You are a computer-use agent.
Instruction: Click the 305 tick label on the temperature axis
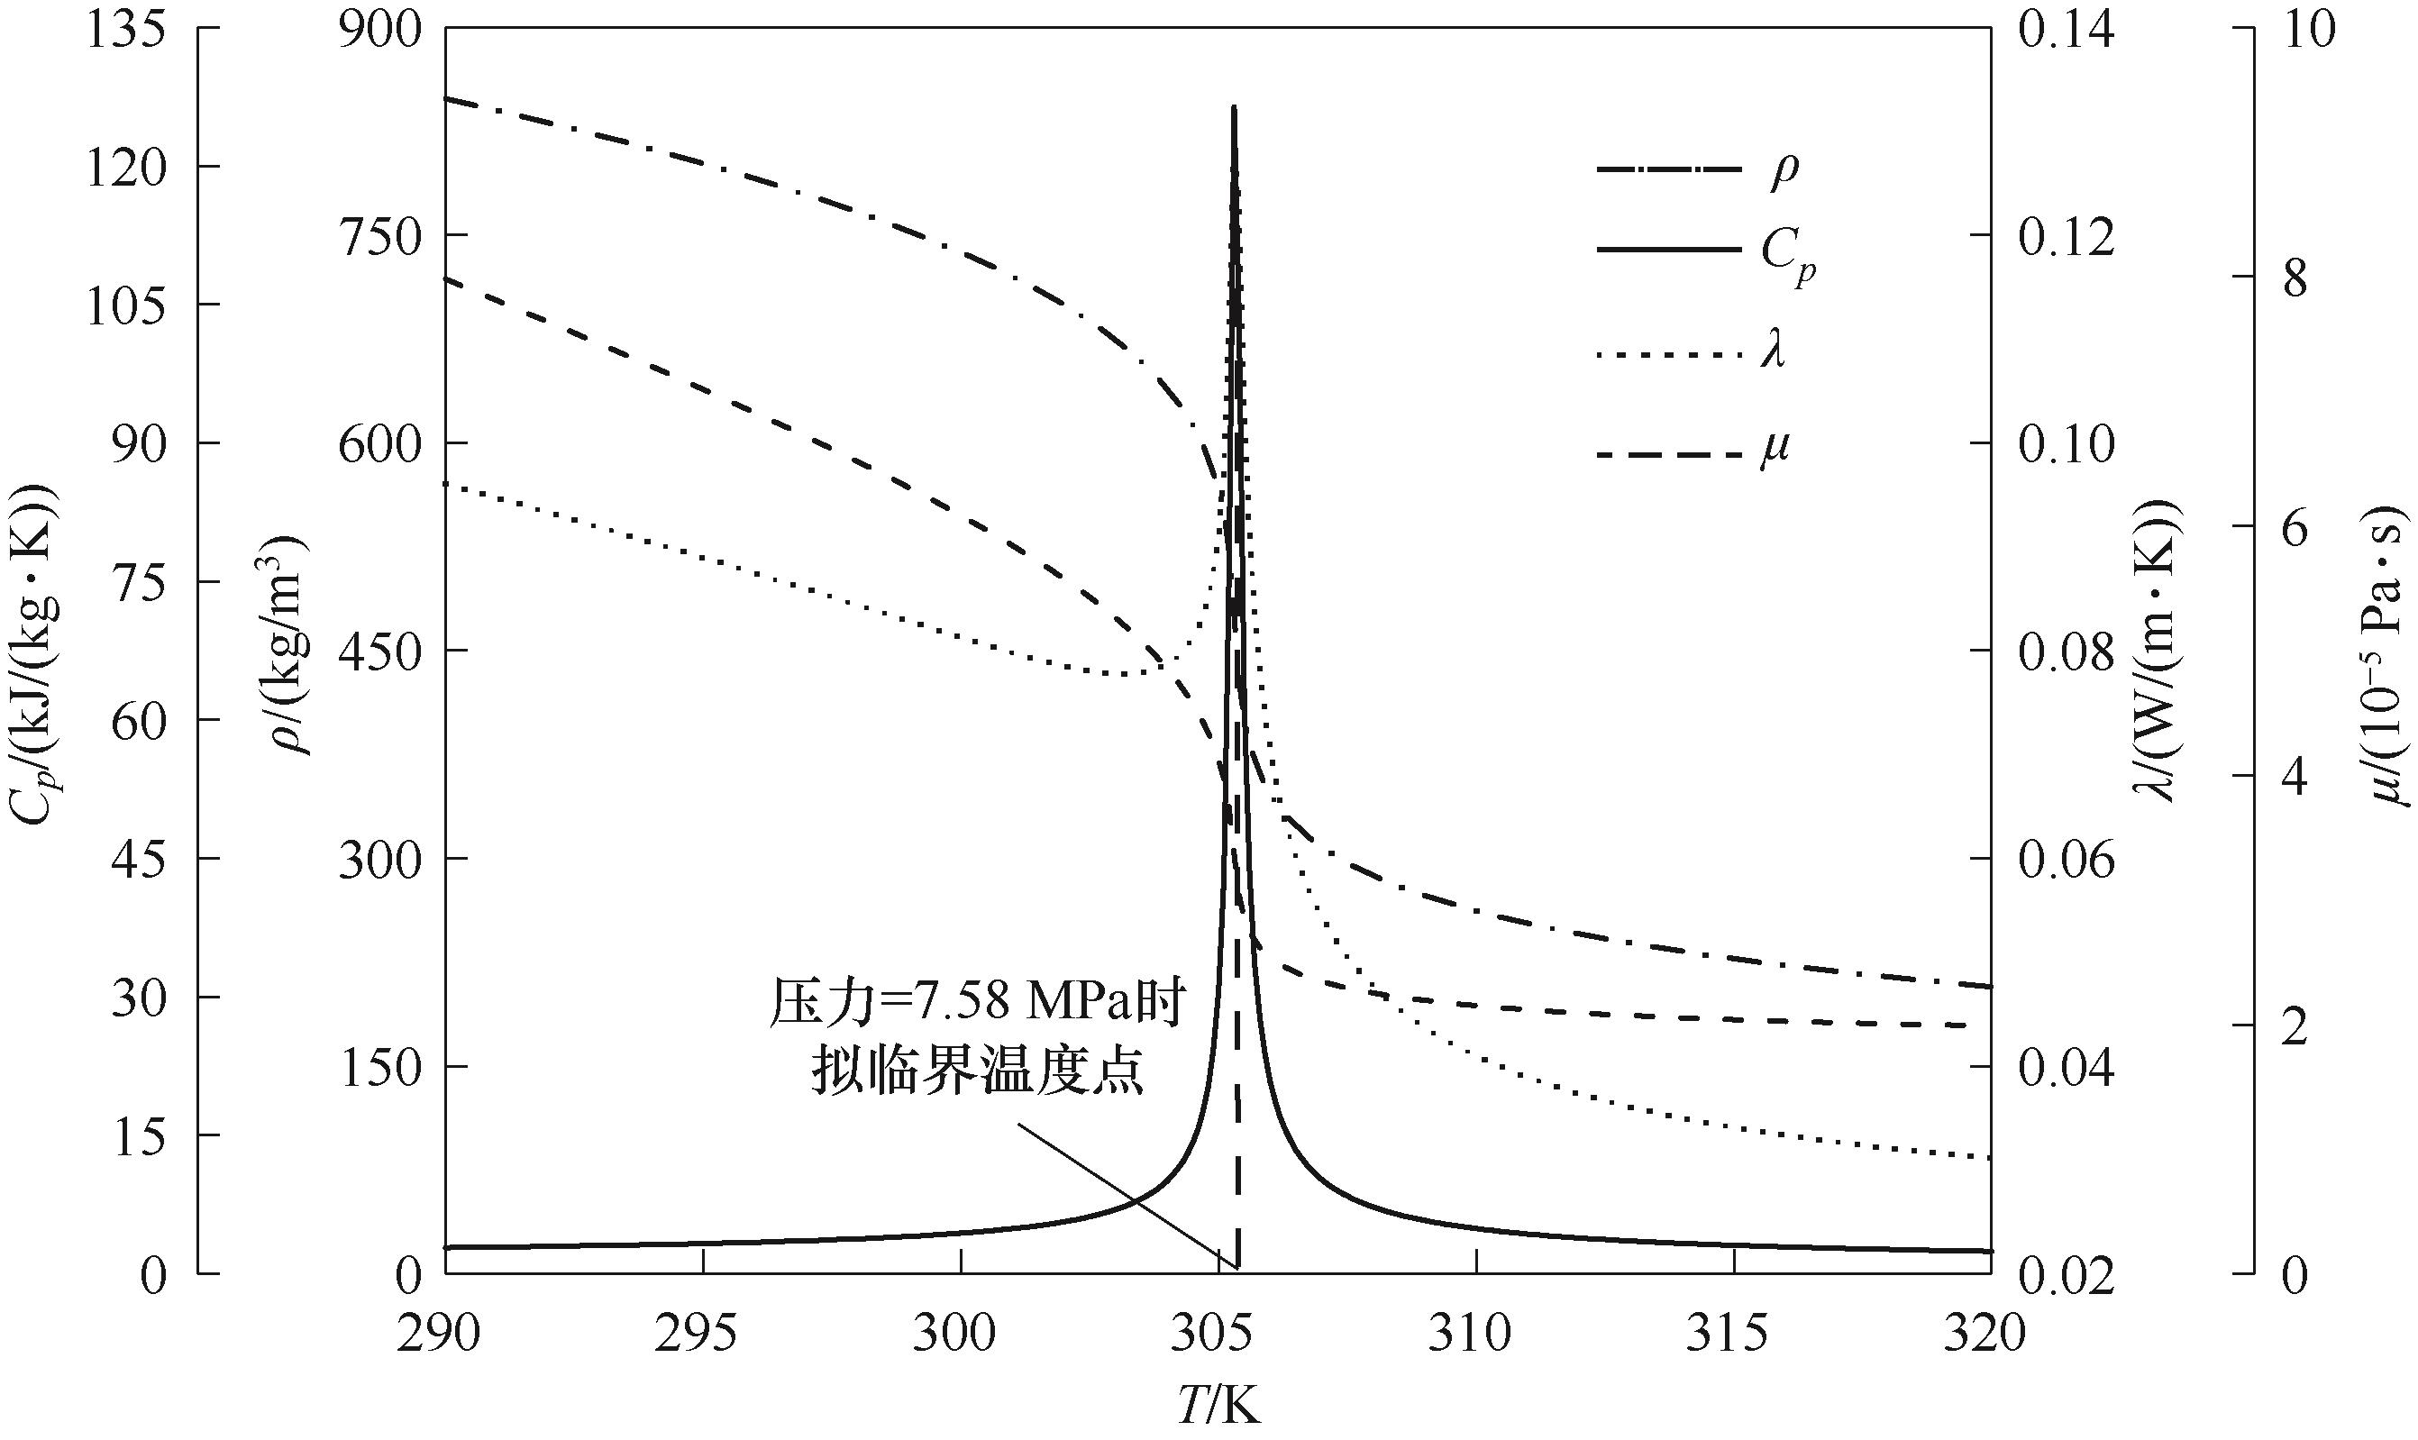point(1218,1335)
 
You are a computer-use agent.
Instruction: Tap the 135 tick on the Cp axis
point(126,29)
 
